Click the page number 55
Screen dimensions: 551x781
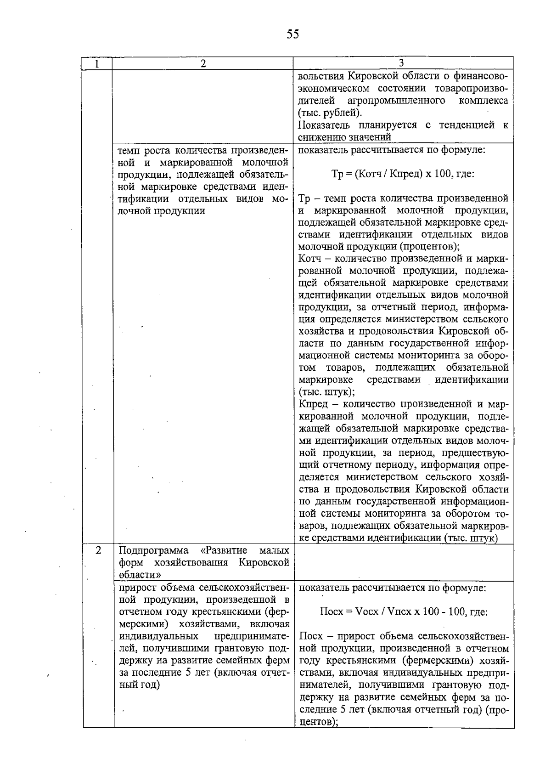293,34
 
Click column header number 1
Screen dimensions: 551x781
97,63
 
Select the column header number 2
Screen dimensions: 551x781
203,63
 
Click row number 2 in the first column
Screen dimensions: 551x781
98,550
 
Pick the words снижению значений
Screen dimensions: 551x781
344,137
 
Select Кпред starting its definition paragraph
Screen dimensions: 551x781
313,404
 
